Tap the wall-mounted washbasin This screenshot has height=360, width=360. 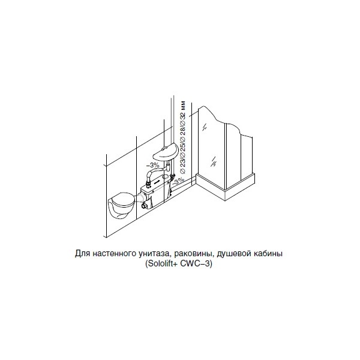[166, 152]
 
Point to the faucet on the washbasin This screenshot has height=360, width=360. [164, 148]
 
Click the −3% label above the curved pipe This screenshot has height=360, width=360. [153, 165]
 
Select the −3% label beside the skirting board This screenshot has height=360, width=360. [178, 181]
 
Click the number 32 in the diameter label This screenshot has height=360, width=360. [182, 115]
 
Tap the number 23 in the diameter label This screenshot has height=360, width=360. [182, 163]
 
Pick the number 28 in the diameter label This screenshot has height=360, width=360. [182, 131]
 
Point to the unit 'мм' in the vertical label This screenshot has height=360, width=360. [182, 106]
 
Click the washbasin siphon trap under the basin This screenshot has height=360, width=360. [168, 167]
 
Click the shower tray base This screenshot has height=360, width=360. [226, 187]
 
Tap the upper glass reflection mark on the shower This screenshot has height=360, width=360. [205, 127]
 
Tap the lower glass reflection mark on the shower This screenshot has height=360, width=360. [214, 161]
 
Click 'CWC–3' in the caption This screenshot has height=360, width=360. [195, 263]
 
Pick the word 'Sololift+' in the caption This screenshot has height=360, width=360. [163, 263]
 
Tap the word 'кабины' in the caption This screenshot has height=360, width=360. [268, 253]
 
